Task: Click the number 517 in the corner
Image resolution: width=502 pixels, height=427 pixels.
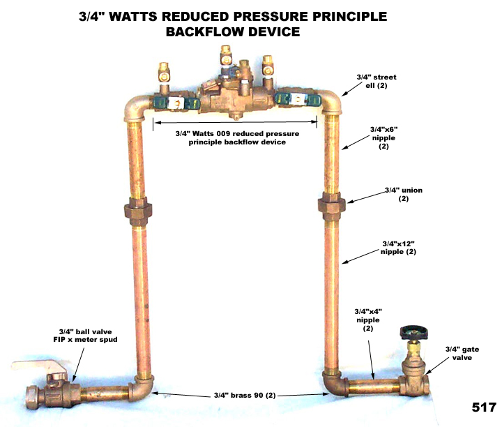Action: [481, 407]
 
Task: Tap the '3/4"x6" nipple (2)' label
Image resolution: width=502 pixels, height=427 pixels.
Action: [384, 137]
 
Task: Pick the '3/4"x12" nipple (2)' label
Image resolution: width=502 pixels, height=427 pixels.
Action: [399, 247]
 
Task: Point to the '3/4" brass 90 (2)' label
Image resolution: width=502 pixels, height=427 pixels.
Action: [242, 396]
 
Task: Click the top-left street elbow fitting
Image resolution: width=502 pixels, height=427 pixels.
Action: [137, 108]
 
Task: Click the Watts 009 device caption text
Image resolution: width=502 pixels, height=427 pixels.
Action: [234, 137]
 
